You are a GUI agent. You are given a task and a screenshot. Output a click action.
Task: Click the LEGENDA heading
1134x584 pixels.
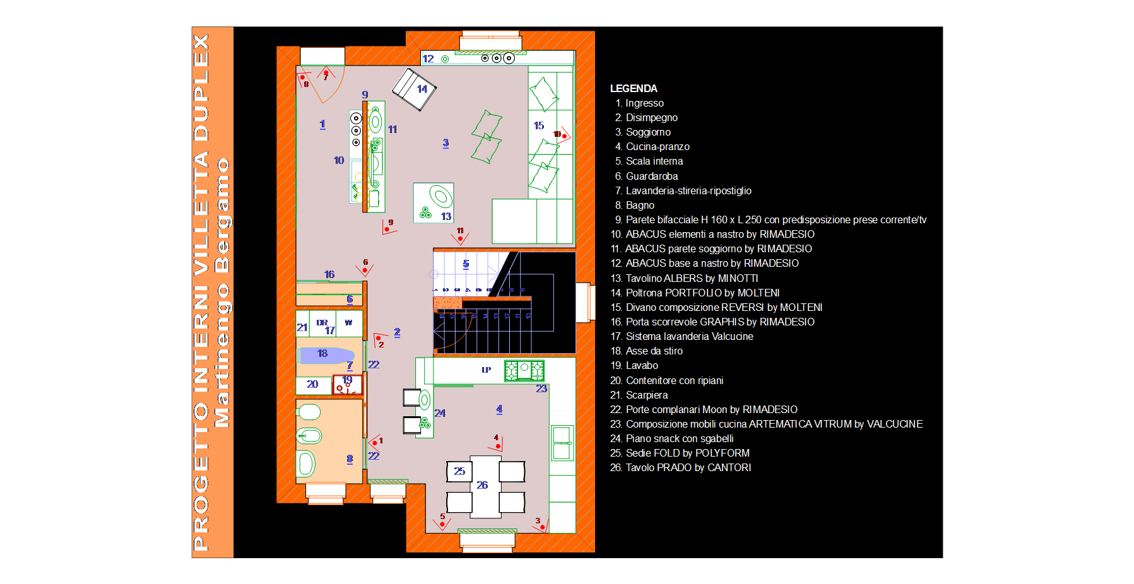coord(634,88)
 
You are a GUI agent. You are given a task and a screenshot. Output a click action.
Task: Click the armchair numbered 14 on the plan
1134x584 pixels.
coord(415,89)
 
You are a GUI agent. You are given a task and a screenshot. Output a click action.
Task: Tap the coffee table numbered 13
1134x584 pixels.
coord(433,202)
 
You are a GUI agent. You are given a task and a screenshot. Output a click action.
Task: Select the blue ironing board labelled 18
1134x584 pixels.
coord(326,354)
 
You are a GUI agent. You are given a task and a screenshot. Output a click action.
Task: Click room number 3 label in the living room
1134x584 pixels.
coord(446,143)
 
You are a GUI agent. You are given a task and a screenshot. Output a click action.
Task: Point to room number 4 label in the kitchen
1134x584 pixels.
coord(499,409)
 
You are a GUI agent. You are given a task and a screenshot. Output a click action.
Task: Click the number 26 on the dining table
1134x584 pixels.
coord(482,485)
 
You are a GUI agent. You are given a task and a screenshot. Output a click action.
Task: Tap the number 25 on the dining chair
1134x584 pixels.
coord(459,471)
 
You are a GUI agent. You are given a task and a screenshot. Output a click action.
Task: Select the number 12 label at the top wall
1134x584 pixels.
coord(428,59)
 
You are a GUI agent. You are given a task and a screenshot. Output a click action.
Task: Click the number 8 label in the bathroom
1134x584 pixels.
coord(350,458)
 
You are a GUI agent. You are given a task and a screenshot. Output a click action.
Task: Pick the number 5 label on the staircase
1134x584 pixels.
coord(466,264)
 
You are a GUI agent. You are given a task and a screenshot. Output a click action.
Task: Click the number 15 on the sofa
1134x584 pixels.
coord(538,126)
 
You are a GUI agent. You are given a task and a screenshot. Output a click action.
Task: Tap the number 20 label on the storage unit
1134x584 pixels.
coord(312,384)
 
